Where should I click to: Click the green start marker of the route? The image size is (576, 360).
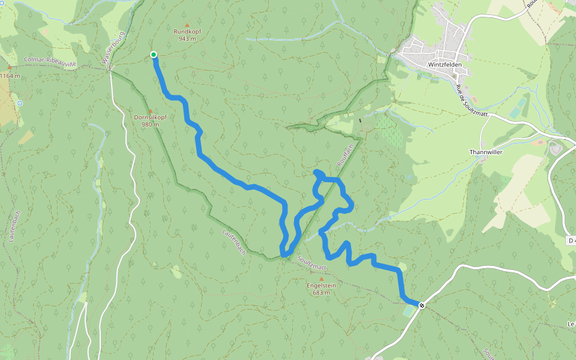click(x=154, y=55)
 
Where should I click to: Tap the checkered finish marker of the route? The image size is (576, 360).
click(x=422, y=305)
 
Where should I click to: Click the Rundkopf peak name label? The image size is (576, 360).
click(x=187, y=31)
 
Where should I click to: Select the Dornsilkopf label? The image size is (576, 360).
click(x=150, y=117)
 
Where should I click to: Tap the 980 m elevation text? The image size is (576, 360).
click(x=150, y=125)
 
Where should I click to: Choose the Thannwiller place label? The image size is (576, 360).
click(x=485, y=152)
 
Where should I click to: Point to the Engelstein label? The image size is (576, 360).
click(x=321, y=286)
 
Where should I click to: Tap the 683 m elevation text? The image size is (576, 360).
click(x=321, y=293)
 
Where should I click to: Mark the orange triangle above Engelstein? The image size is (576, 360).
click(x=321, y=279)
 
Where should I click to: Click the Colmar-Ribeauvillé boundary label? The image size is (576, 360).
click(x=50, y=61)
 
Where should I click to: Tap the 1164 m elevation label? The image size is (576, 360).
click(x=10, y=76)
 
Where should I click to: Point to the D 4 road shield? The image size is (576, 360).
click(x=570, y=240)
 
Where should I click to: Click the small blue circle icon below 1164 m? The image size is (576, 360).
click(x=20, y=103)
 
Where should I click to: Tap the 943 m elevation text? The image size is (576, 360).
click(x=187, y=38)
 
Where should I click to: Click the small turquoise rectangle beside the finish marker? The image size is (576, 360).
click(x=409, y=311)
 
